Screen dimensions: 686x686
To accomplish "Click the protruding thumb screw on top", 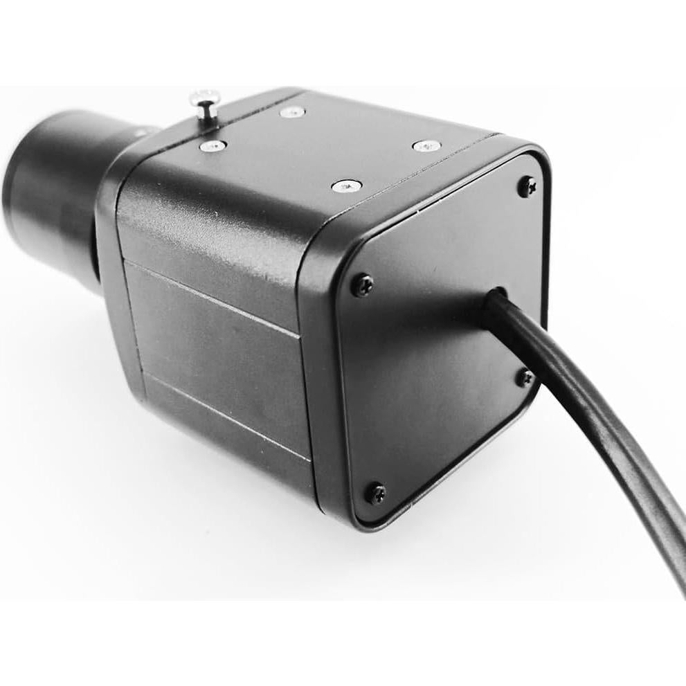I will [205, 107].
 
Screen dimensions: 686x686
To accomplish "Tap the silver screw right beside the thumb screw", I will [213, 146].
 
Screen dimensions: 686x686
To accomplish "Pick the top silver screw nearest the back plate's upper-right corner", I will [426, 146].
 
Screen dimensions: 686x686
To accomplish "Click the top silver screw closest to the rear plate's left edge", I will [346, 186].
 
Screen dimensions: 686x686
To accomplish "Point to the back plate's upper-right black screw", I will [527, 186].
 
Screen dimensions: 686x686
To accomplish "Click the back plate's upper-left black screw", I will [362, 285].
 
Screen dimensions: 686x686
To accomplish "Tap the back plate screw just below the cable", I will [525, 377].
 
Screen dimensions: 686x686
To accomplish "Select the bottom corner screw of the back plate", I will [376, 493].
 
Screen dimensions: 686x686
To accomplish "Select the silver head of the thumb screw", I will [204, 97].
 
